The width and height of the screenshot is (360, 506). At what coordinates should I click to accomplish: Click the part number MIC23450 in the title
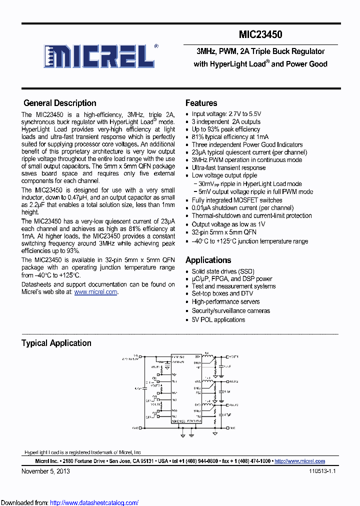pyautogui.click(x=260, y=34)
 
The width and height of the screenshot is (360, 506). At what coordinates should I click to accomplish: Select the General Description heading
pyautogui.click(x=60, y=103)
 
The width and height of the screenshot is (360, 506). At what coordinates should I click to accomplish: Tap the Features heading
pyautogui.click(x=201, y=103)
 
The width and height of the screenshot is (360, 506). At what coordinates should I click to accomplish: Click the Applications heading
pyautogui.click(x=208, y=260)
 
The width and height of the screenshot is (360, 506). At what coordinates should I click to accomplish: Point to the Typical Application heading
pyautogui.click(x=56, y=343)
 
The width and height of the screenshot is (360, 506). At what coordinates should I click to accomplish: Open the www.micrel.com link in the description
pyautogui.click(x=96, y=292)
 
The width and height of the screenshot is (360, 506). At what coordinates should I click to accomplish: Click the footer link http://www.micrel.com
pyautogui.click(x=300, y=461)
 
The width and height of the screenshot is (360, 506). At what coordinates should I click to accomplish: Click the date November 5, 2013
pyautogui.click(x=45, y=471)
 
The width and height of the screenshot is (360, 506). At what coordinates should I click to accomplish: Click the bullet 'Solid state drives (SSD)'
pyautogui.click(x=222, y=271)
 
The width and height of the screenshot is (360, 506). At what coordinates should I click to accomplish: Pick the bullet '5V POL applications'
pyautogui.click(x=218, y=319)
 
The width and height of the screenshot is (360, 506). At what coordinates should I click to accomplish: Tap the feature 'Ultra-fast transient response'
pyautogui.click(x=228, y=167)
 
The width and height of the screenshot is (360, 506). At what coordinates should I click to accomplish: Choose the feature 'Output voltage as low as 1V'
pyautogui.click(x=228, y=224)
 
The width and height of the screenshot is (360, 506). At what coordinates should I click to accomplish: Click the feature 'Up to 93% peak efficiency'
pyautogui.click(x=225, y=129)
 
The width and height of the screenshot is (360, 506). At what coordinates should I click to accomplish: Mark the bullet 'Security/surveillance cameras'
pyautogui.click(x=230, y=310)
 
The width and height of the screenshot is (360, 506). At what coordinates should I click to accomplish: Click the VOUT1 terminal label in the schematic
pyautogui.click(x=233, y=357)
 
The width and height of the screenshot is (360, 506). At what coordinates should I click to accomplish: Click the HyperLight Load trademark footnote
pyautogui.click(x=83, y=451)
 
